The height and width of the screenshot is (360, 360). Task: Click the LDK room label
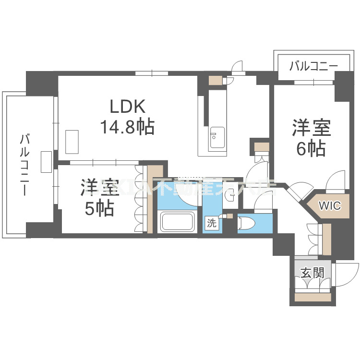pos(126,105)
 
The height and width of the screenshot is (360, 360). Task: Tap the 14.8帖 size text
pos(127,126)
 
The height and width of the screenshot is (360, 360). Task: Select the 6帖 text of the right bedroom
pos(311,149)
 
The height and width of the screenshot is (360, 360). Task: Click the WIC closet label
pos(330,206)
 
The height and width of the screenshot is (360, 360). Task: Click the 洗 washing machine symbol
pos(211,223)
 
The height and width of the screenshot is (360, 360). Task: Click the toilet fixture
pos(246,223)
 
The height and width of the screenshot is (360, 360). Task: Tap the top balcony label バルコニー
pos(313,67)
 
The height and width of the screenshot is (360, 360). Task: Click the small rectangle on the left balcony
pos(47,161)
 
